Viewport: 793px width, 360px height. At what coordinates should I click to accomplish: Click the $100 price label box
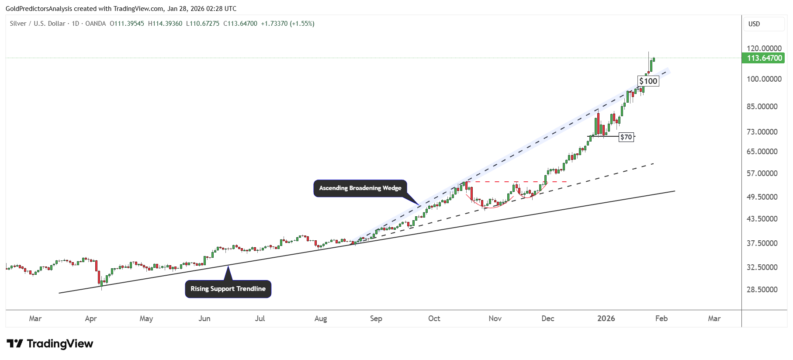(x=648, y=81)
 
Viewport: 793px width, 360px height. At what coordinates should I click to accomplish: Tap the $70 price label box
(x=626, y=137)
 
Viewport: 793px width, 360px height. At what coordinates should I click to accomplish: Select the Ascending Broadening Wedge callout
(x=360, y=188)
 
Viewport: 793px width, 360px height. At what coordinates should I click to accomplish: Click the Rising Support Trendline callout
(x=228, y=289)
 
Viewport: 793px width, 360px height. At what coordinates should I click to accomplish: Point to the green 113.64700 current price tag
(x=764, y=58)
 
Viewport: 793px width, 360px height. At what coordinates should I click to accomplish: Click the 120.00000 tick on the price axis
(x=764, y=48)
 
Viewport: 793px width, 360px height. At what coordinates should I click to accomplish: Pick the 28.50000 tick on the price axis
(x=762, y=289)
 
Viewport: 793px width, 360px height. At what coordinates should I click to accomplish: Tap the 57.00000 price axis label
(x=762, y=173)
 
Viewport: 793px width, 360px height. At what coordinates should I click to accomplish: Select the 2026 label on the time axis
(x=606, y=318)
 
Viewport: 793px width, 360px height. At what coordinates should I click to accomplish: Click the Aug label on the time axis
(x=321, y=318)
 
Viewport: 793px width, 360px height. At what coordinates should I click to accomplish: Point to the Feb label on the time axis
(x=661, y=318)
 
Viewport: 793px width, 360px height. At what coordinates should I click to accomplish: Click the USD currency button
(x=754, y=24)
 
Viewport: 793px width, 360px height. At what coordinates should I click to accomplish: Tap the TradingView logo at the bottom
(x=50, y=344)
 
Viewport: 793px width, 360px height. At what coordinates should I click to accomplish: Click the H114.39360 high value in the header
(x=165, y=24)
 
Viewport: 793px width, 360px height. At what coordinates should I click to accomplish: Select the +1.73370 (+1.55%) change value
(x=287, y=24)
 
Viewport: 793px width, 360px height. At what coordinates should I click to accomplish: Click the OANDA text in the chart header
(x=95, y=24)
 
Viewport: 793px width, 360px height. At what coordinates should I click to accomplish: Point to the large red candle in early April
(x=97, y=271)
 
